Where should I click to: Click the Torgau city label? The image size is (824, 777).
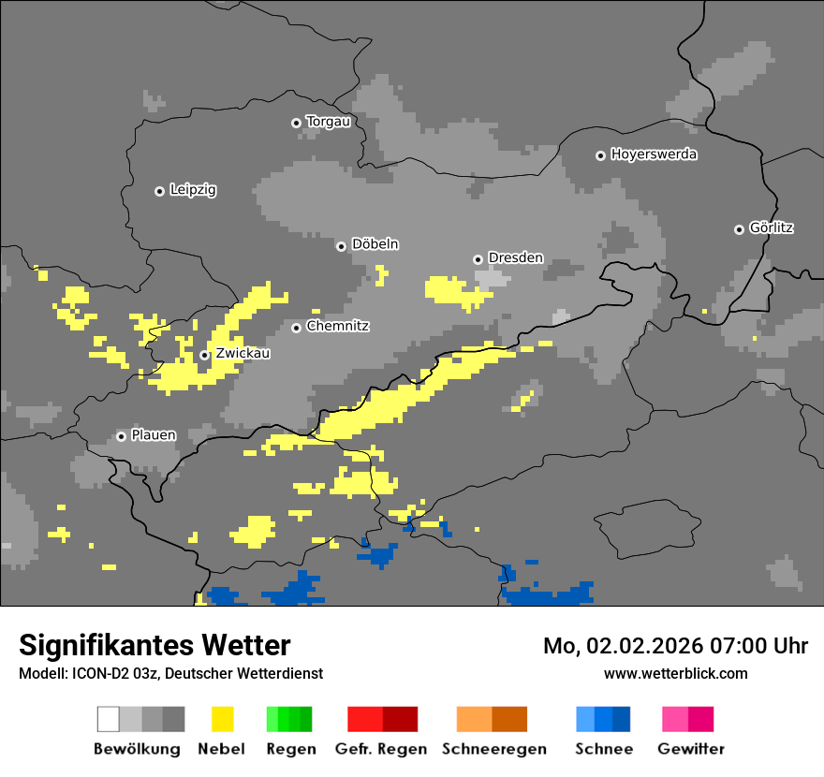[328, 122]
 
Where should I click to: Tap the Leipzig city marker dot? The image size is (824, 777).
[159, 191]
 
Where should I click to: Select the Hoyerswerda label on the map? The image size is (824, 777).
[654, 154]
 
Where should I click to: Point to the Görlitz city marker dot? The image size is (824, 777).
[739, 229]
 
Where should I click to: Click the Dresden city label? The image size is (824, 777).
[515, 258]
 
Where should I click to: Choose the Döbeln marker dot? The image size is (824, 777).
[341, 246]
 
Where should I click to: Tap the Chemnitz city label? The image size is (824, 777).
[337, 327]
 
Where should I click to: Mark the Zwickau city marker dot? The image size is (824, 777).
[204, 355]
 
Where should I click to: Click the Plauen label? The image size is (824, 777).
[153, 435]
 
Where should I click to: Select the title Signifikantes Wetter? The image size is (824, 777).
[154, 645]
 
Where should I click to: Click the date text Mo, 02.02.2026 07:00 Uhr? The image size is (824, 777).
[675, 646]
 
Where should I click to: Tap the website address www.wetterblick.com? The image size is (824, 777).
[675, 673]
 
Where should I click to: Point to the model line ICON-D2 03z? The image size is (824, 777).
[170, 673]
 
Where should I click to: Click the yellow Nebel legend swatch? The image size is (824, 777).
[222, 719]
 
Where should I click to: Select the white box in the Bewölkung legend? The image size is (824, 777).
[108, 719]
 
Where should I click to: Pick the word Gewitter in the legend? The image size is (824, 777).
[691, 749]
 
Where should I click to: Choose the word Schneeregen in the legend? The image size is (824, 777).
[493, 749]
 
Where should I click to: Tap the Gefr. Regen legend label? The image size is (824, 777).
[381, 749]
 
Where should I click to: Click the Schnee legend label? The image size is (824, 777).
[603, 749]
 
